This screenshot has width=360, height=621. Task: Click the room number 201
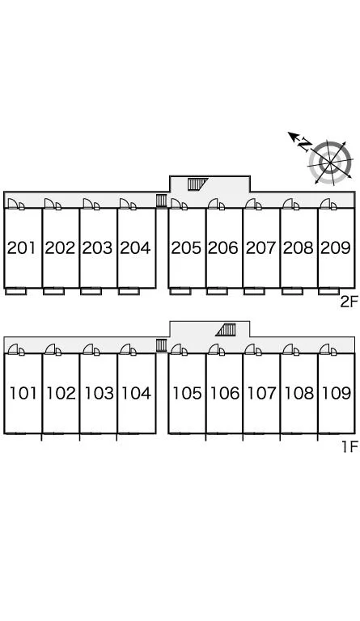pos(22,248)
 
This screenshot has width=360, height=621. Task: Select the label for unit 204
pos(135,248)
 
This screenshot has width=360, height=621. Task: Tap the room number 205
pos(186,248)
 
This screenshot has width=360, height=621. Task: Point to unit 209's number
pos(336,248)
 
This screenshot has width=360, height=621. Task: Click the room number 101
pos(23,393)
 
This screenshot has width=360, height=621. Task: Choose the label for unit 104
pos(136,393)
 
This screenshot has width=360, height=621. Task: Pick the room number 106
pos(225,393)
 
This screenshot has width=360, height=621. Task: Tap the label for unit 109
pos(337,393)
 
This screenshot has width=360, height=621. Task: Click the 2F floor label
pos(349,302)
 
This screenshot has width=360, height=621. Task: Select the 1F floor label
pos(349,446)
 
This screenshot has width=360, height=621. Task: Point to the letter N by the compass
pos(305,145)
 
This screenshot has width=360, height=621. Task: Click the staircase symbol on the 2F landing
pos(197,184)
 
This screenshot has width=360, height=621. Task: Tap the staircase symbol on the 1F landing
pos(226,330)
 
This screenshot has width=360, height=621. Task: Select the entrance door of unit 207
pos(253,204)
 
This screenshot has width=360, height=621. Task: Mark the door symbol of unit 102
pos(53,349)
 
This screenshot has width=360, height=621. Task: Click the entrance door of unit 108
pos(291,349)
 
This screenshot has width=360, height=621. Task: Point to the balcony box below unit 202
pos(54,291)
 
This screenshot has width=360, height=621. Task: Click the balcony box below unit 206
pos(217,291)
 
